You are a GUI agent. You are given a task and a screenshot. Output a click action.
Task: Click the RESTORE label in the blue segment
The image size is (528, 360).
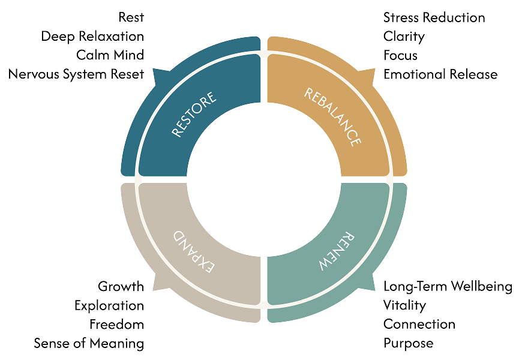pyautogui.click(x=194, y=115)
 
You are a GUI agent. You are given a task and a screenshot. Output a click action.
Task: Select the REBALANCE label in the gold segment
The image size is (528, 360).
pyautogui.click(x=332, y=116)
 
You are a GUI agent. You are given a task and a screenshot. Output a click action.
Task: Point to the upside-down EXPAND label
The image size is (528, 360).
pyautogui.click(x=194, y=248)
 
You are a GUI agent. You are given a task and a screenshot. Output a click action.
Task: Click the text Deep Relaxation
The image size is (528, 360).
pyautogui.click(x=92, y=36)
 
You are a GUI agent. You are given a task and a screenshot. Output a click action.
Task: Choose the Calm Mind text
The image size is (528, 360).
pyautogui.click(x=110, y=55)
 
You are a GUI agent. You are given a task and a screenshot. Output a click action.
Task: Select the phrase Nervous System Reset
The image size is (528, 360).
pyautogui.click(x=77, y=74)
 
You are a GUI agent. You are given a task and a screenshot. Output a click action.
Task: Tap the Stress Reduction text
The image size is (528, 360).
pyautogui.click(x=434, y=17)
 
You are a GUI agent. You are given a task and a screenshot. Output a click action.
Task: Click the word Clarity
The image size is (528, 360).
pyautogui.click(x=404, y=36)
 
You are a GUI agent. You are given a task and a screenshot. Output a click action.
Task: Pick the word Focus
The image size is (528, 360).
pyautogui.click(x=400, y=55)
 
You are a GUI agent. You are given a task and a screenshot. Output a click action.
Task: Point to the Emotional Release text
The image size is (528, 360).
pyautogui.click(x=440, y=74)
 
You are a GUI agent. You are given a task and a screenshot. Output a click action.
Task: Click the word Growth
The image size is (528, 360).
pyautogui.click(x=121, y=286)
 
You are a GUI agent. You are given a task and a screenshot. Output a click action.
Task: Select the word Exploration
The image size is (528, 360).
pyautogui.click(x=109, y=305)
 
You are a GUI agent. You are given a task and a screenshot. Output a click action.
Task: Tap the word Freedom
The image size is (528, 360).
pyautogui.click(x=117, y=325)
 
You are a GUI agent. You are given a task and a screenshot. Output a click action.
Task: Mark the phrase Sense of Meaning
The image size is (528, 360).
pyautogui.click(x=89, y=344)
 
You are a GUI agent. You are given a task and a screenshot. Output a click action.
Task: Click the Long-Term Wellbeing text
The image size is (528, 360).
pyautogui.click(x=448, y=286)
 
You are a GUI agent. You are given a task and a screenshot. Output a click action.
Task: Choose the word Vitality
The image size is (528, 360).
pyautogui.click(x=404, y=305)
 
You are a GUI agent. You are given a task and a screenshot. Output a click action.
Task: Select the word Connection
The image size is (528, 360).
pyautogui.click(x=419, y=325)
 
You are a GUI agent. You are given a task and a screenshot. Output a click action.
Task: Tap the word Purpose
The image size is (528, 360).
pyautogui.click(x=408, y=344)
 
